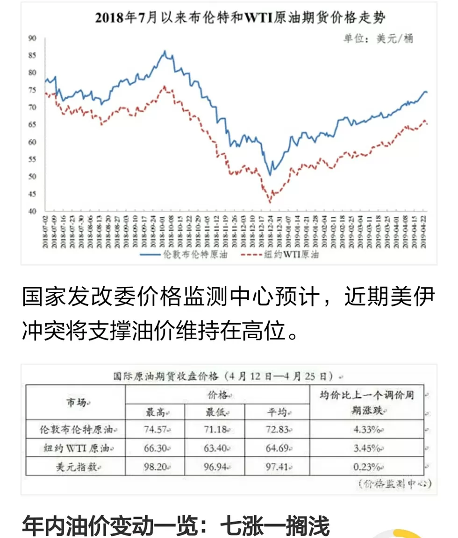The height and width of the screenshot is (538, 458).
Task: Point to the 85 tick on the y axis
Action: coord(33,56)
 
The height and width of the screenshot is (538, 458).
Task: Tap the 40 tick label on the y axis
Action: coord(33,211)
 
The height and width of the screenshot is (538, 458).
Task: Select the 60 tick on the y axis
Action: coord(33,142)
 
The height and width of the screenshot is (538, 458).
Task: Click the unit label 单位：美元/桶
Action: coord(379,39)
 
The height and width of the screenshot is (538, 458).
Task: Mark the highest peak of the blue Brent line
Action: coord(165,51)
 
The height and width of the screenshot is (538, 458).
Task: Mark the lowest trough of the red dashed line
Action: coord(270,202)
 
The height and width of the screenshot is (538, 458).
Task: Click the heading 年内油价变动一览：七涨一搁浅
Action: coord(176,527)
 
